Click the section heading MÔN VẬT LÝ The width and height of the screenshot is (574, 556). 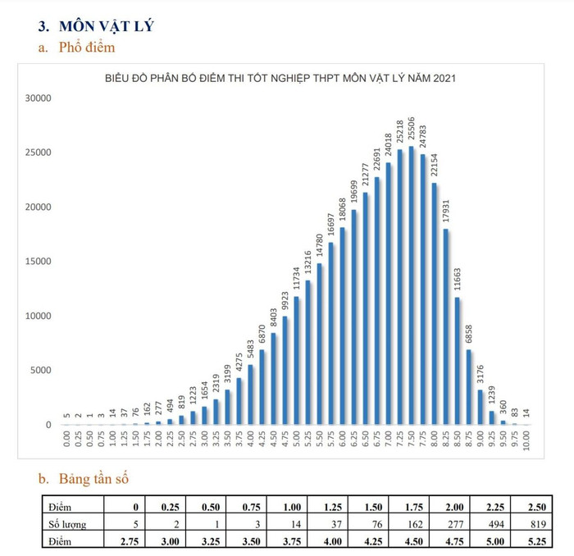pyautogui.click(x=107, y=25)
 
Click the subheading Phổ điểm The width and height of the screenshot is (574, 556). pyautogui.click(x=87, y=48)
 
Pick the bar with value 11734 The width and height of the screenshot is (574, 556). pyautogui.click(x=296, y=361)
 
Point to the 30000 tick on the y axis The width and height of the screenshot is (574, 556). pyautogui.click(x=38, y=98)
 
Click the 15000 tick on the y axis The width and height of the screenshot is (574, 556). pyautogui.click(x=38, y=262)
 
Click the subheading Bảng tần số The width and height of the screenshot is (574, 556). pyautogui.click(x=93, y=478)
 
